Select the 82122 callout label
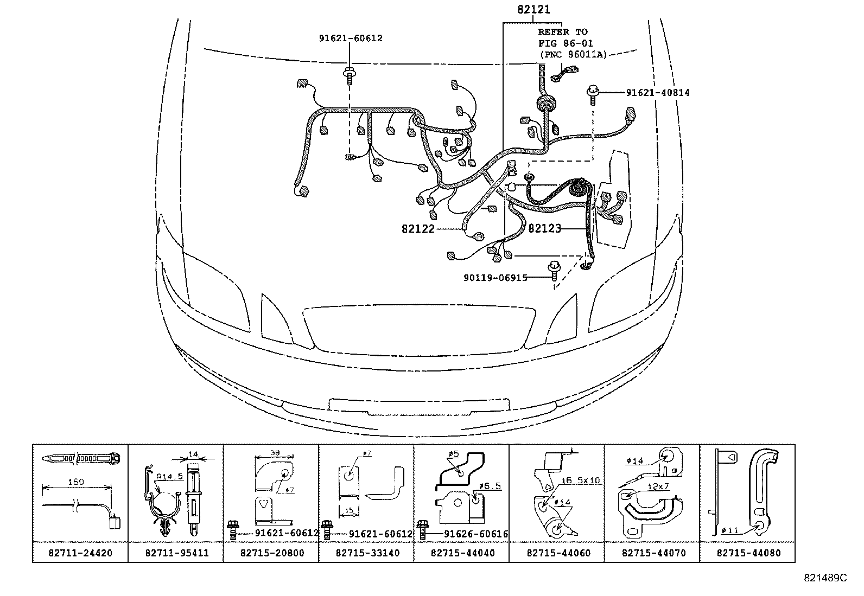[418, 229]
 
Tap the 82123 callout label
[544, 229]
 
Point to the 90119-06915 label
[495, 278]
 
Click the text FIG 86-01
[566, 43]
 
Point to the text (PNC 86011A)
[573, 54]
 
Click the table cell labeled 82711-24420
[80, 553]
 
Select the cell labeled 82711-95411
[176, 553]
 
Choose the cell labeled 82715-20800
[271, 553]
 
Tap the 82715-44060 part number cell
[557, 553]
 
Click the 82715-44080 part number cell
[748, 553]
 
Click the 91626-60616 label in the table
[476, 534]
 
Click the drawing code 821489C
[825, 579]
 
